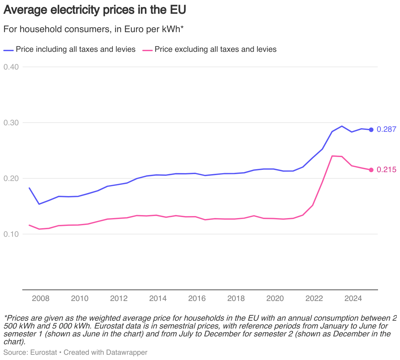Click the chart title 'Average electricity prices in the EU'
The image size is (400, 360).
click(94, 10)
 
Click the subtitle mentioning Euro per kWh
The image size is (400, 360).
click(93, 29)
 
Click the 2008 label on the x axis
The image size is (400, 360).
click(41, 298)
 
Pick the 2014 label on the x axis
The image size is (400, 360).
click(158, 298)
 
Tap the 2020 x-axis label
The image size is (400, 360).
click(275, 298)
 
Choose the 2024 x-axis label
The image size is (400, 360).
click(353, 298)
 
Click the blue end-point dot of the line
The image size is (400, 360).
click(371, 130)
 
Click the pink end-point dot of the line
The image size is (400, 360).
click(371, 170)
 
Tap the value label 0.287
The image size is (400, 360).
click(386, 130)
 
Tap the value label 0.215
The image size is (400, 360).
click(386, 170)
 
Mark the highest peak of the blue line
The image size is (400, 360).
click(342, 126)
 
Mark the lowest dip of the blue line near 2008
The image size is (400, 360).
click(39, 204)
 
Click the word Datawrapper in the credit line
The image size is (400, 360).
click(127, 352)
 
